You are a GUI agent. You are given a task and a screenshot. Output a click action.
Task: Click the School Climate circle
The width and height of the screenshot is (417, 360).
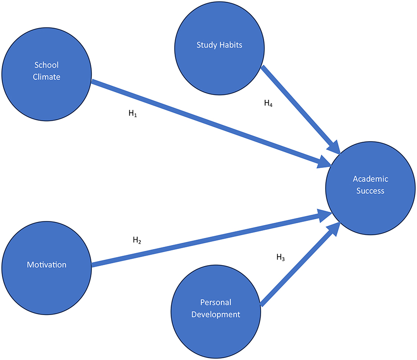point(46,71)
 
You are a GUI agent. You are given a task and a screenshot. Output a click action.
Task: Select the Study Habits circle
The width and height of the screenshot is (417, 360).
point(218,45)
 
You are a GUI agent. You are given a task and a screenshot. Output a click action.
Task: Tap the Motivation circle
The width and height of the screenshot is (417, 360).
point(46,264)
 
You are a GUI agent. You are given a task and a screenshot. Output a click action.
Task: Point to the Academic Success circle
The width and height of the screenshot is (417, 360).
point(371,185)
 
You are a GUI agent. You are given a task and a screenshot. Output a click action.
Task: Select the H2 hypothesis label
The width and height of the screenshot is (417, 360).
point(137,241)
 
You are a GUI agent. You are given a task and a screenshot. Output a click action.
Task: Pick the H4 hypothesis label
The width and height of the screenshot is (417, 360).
point(268,104)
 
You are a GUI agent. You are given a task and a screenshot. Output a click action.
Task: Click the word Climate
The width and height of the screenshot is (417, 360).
point(46,77)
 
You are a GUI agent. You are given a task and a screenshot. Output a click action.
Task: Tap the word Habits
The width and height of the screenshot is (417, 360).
point(231,45)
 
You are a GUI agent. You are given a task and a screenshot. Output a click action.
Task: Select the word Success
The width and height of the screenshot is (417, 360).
point(371,191)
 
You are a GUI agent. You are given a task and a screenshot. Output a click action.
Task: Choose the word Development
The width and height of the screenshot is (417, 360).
point(216,315)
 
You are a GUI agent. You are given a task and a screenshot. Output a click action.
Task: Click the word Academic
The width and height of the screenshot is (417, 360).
point(371,179)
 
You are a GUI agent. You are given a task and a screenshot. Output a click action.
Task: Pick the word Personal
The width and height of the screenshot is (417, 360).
point(216,303)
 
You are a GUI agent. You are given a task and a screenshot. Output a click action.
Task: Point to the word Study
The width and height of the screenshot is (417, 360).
point(206,45)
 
